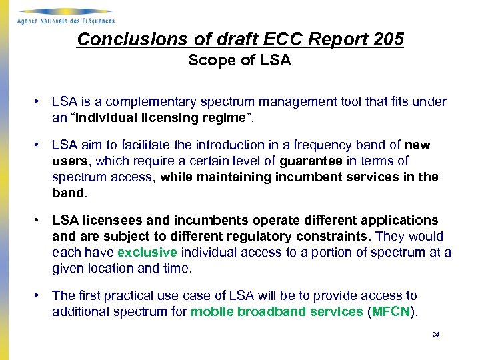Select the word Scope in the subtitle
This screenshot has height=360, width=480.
point(209,61)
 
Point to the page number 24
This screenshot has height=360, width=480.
point(435,335)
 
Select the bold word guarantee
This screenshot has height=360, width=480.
point(311,161)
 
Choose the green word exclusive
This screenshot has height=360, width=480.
point(147,253)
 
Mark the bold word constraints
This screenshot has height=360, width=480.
point(332,237)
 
